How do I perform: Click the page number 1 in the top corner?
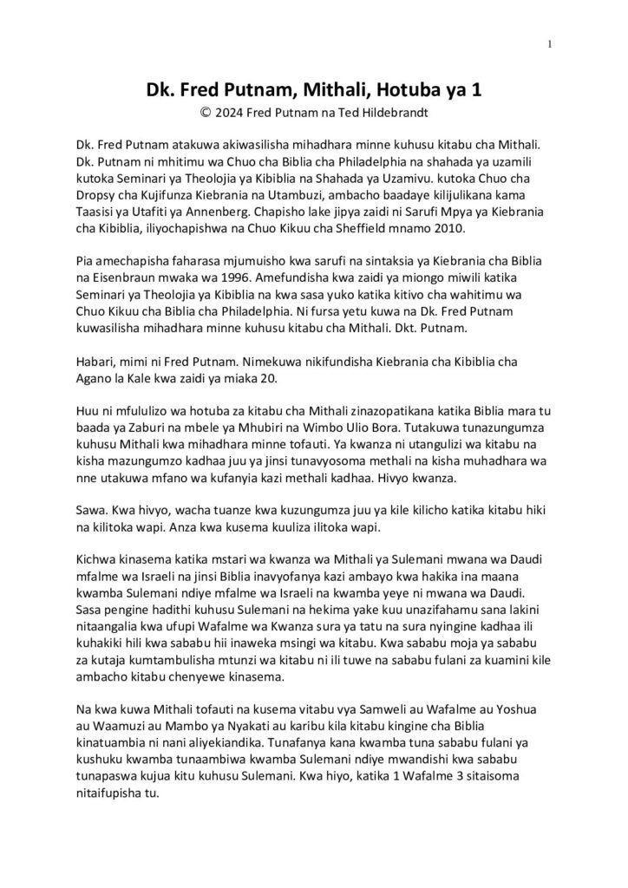tap(550, 45)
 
